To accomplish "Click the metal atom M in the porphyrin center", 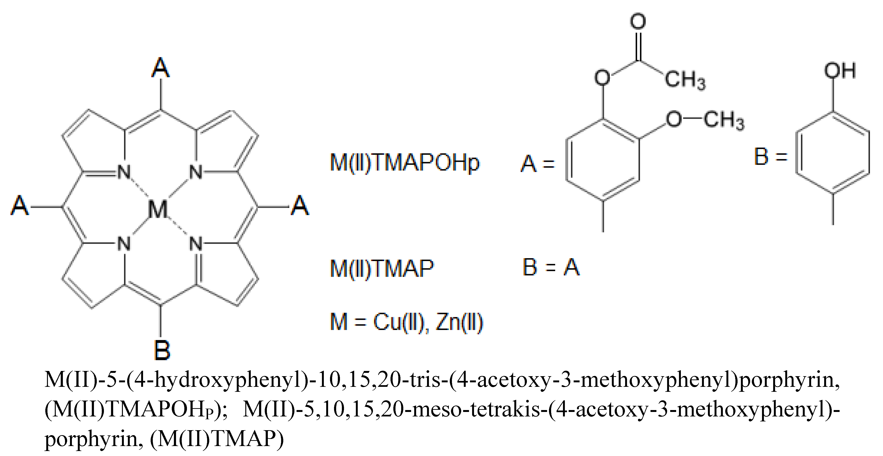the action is pos(158,209).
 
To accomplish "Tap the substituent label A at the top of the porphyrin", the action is pos(160,68).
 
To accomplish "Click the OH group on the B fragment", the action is pos(840,71).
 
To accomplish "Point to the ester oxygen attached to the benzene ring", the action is pos(602,77).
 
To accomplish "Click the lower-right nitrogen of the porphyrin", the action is pos(196,244).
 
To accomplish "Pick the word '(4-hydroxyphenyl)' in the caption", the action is pos(219,380).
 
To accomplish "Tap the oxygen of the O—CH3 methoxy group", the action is pos(674,119).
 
